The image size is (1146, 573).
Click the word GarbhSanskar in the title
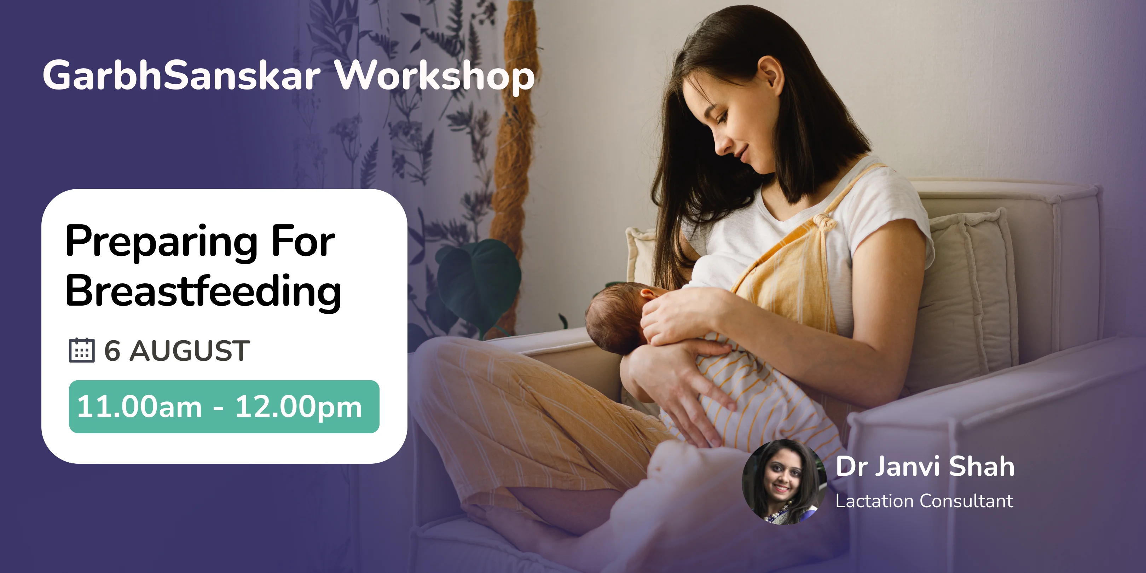pyautogui.click(x=181, y=76)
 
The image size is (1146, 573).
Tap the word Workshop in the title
pyautogui.click(x=434, y=76)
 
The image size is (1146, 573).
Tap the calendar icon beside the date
pyautogui.click(x=82, y=351)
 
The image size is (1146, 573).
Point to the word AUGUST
pyautogui.click(x=190, y=351)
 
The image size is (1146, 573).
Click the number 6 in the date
pyautogui.click(x=112, y=351)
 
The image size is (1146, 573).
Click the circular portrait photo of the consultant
pyautogui.click(x=783, y=482)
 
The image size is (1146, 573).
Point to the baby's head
pyautogui.click(x=616, y=316)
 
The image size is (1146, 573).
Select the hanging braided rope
pyautogui.click(x=516, y=133)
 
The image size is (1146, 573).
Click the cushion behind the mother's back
pyautogui.click(x=970, y=285)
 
